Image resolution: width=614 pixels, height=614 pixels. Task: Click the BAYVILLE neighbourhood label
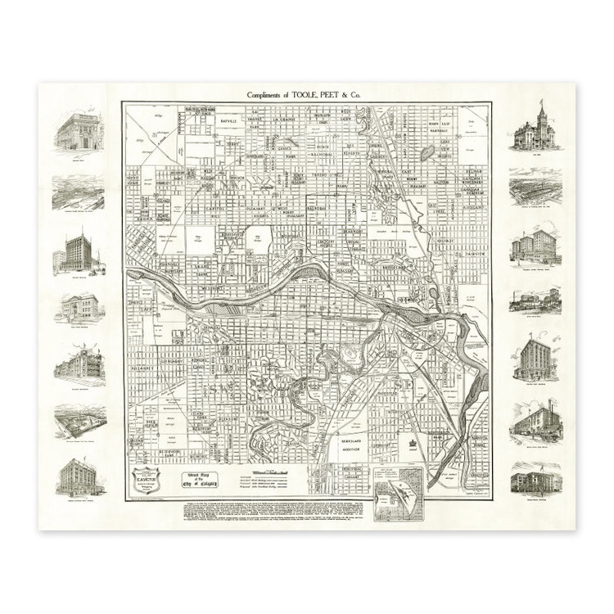pos(211,120)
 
